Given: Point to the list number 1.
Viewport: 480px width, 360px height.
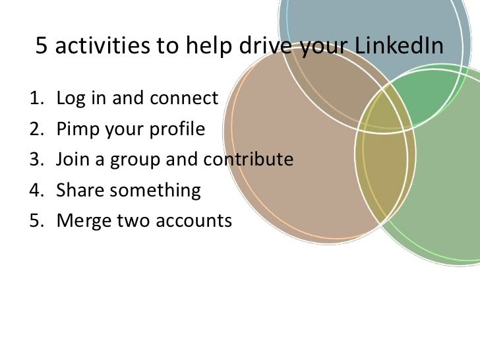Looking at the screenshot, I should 35,99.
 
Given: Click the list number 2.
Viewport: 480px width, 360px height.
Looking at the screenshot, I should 35,129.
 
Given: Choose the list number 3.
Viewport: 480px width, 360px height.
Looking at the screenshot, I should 35,160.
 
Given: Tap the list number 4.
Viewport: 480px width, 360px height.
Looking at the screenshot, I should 35,191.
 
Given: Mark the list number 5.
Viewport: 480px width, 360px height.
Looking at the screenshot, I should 35,221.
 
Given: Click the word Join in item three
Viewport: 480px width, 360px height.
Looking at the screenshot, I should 72,160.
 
